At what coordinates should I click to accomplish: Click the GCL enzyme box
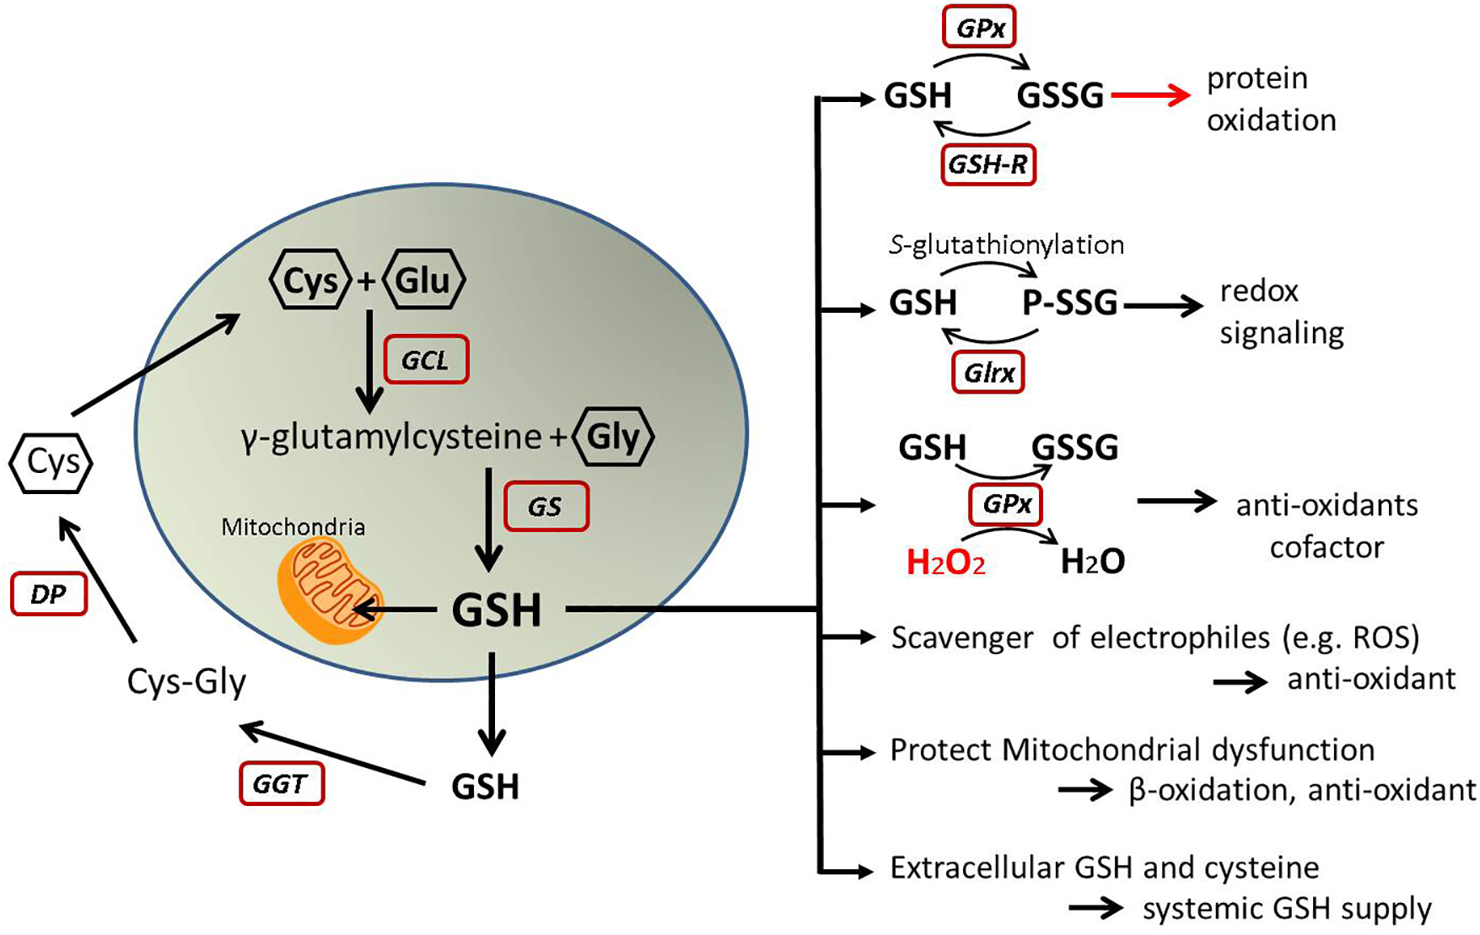coord(426,360)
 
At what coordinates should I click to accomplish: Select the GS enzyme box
coord(546,507)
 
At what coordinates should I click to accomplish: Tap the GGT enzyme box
coord(282,784)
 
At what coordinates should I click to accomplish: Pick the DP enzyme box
coord(48,594)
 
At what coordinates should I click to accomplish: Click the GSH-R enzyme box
coord(988,164)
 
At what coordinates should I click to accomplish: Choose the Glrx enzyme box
coord(988,373)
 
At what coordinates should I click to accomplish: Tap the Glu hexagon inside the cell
coord(423,279)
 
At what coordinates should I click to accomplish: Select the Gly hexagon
coord(613,437)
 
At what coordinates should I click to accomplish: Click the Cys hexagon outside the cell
coord(51,463)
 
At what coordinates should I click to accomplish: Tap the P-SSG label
coord(1069,303)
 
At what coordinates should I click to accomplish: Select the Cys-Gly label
coord(186,681)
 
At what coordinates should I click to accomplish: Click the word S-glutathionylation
coord(1006,244)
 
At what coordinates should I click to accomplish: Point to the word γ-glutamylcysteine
coord(390,438)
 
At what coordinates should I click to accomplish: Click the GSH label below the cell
coord(485,787)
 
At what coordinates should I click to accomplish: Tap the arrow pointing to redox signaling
coord(1163,305)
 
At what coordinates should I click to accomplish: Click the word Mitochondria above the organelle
coord(293,528)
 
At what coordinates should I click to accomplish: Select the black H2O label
coord(1092,562)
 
